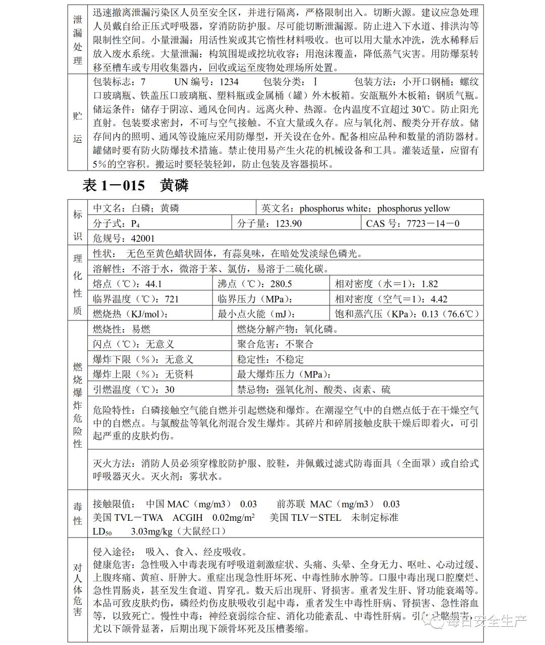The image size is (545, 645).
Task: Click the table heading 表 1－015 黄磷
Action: (x=135, y=186)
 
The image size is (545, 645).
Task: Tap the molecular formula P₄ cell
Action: (x=116, y=223)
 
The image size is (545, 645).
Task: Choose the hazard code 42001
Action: (x=143, y=238)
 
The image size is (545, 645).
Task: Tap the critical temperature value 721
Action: (x=172, y=299)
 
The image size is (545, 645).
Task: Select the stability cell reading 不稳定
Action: (x=270, y=359)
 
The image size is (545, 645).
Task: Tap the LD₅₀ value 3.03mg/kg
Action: (x=151, y=531)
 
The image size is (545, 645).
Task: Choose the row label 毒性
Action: (x=78, y=513)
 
